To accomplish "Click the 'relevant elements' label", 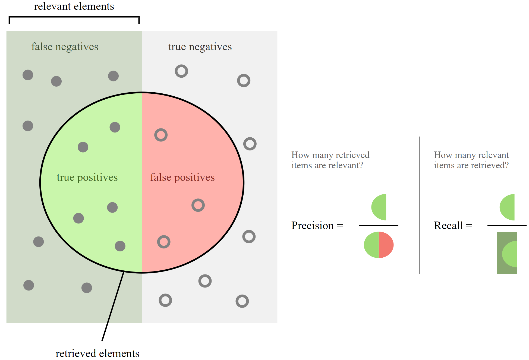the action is (74, 6).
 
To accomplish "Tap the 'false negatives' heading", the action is (65, 47).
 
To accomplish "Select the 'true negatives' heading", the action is (200, 47).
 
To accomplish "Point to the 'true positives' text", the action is (87, 177).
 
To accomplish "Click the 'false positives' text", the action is (182, 177).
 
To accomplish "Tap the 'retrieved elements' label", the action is (97, 353).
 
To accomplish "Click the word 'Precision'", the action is (312, 226).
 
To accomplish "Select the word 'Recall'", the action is (448, 226).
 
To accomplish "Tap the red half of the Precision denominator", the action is (386, 245).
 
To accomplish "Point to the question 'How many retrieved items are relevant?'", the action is (330, 160).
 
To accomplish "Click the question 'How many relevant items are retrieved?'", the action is (471, 160).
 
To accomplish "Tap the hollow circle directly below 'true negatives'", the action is (181, 71).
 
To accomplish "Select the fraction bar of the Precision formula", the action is (379, 226).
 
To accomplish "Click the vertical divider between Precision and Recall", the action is (420, 205).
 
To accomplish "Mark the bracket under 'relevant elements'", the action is (74, 17).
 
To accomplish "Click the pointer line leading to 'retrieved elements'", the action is (113, 306).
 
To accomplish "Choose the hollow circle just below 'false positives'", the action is (198, 205).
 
